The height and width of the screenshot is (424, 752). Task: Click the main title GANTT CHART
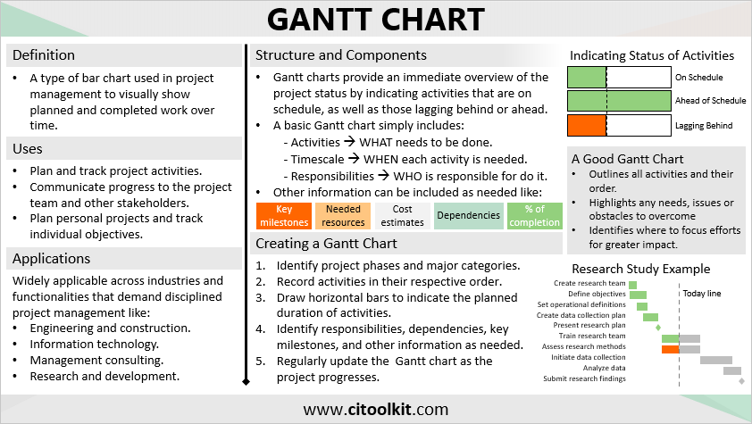click(x=376, y=20)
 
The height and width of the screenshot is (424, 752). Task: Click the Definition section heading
click(x=44, y=55)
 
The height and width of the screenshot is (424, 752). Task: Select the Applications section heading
click(x=52, y=259)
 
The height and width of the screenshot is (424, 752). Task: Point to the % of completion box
click(x=534, y=215)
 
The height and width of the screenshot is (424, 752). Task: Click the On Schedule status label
click(x=698, y=78)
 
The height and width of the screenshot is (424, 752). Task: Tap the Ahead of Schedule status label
click(x=710, y=101)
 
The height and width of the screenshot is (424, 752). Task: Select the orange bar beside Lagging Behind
click(x=587, y=125)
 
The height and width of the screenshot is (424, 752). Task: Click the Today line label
click(x=702, y=294)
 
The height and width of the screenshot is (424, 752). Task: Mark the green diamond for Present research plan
click(x=659, y=327)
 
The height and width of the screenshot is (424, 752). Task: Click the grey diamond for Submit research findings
click(x=741, y=380)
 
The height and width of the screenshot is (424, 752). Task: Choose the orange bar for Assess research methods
click(x=670, y=348)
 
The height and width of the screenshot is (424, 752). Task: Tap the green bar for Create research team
click(x=632, y=284)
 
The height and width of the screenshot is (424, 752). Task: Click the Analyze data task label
click(x=605, y=369)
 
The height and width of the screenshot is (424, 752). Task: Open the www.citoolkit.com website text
click(x=376, y=410)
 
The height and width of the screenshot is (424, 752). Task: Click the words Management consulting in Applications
click(x=96, y=361)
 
